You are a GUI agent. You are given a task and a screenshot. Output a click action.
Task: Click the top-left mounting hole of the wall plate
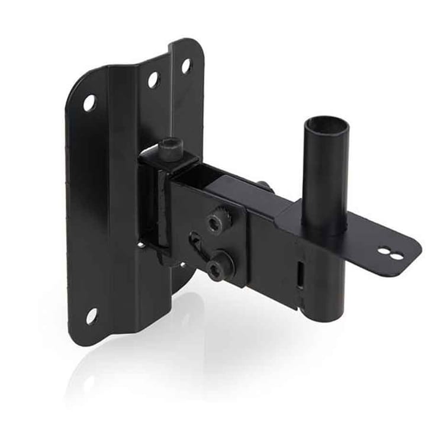89,102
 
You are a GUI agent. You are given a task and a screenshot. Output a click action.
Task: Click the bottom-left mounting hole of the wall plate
92,315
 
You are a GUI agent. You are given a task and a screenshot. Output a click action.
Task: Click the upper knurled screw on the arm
215,221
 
